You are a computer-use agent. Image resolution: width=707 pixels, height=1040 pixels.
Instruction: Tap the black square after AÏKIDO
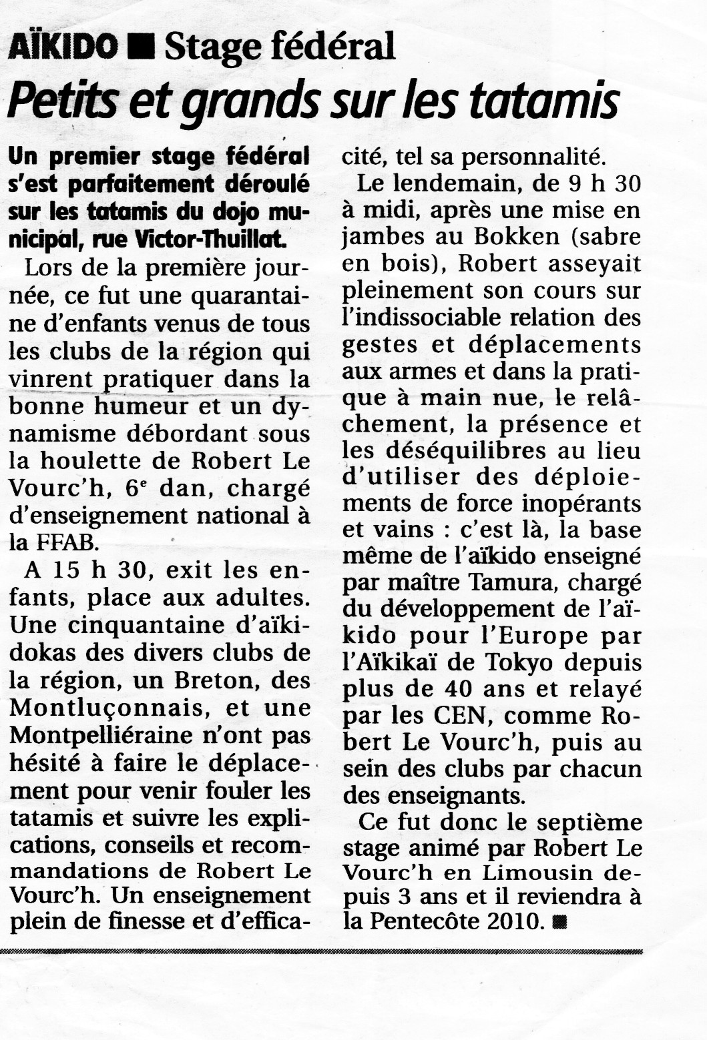pyautogui.click(x=142, y=47)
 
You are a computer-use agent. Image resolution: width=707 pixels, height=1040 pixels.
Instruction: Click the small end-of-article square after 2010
pyautogui.click(x=560, y=923)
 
